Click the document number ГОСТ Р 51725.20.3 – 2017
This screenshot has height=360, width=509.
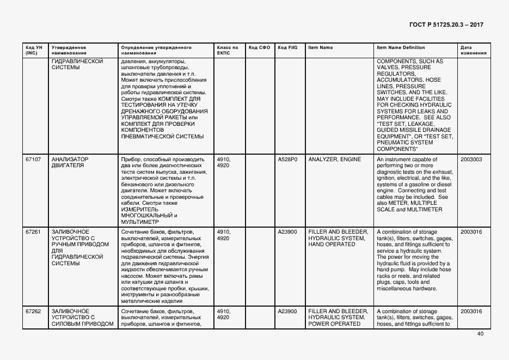[x=446, y=25]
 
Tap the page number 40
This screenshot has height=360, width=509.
[x=480, y=334]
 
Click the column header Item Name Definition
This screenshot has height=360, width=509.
[x=401, y=47]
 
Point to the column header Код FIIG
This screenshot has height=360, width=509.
[x=287, y=47]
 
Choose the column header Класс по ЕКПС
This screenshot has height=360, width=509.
[x=228, y=50]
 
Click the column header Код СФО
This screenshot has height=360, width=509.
[x=259, y=47]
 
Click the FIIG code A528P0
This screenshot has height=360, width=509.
[x=287, y=160]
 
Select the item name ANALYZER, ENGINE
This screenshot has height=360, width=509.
[x=334, y=160]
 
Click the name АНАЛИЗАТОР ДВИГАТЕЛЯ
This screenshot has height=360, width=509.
[x=70, y=162]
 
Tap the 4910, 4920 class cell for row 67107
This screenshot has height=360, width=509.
[x=224, y=162]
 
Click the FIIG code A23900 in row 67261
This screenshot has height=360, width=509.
[x=287, y=231]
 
